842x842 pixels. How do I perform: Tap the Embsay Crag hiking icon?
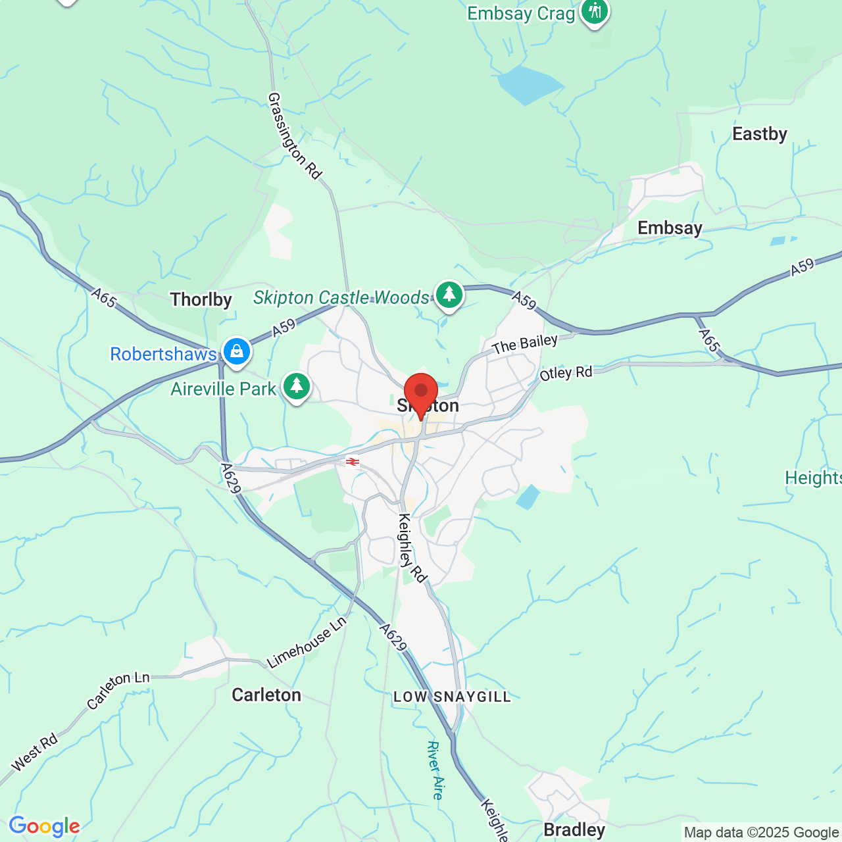[595, 11]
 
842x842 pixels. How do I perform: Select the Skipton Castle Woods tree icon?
[449, 295]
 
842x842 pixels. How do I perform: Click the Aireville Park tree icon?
[297, 387]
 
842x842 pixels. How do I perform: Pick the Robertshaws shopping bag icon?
[236, 352]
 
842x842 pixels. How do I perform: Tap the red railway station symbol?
[353, 462]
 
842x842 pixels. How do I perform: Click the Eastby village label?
[760, 134]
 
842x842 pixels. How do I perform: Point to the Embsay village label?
[670, 228]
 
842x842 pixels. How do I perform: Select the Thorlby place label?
[201, 300]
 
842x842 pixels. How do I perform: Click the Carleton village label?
[266, 695]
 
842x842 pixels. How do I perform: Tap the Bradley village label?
[574, 830]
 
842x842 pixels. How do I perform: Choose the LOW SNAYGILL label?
[452, 697]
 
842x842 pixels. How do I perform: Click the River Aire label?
[435, 770]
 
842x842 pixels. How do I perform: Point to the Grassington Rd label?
[294, 136]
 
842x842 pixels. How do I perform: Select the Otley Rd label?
[566, 374]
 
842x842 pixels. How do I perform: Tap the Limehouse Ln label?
[307, 643]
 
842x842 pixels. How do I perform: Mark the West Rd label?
[35, 753]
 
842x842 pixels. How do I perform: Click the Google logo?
[44, 826]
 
